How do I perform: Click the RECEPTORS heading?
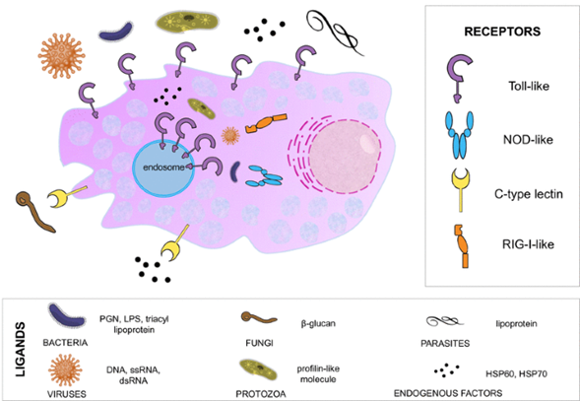tap(502, 32)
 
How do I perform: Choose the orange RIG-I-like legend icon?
tap(463, 245)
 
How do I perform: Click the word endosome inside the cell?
tap(163, 167)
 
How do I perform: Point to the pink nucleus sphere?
tap(345, 158)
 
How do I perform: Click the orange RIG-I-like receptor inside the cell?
tap(266, 122)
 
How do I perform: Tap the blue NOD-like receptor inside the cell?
tap(265, 176)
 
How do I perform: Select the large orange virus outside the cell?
tap(61, 56)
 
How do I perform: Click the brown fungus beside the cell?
tap(35, 211)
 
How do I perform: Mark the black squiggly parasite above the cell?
tap(334, 32)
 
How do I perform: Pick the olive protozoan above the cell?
tap(187, 22)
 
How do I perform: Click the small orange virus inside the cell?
tap(230, 136)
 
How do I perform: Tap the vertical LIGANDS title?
tap(21, 349)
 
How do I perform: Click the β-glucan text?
tap(318, 323)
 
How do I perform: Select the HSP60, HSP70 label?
tap(516, 374)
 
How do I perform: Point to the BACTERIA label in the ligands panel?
tap(65, 343)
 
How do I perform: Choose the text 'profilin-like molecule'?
tap(318, 374)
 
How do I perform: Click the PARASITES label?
tap(445, 343)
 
